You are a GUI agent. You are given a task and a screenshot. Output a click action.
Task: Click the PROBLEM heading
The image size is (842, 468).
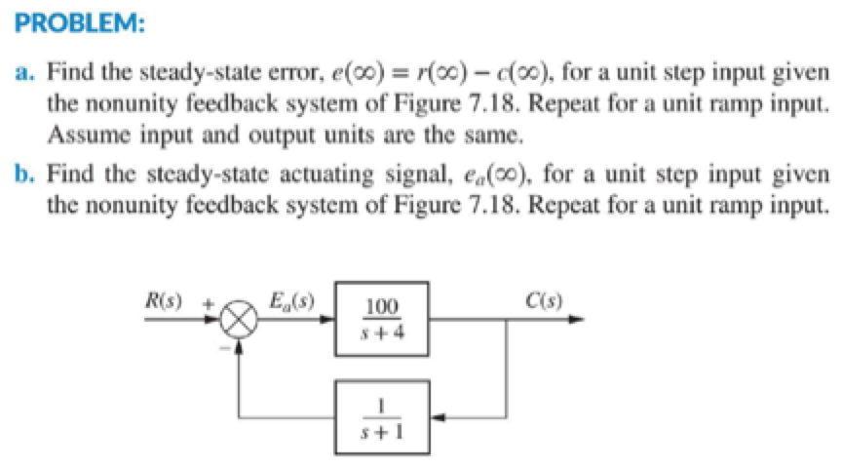click(x=74, y=20)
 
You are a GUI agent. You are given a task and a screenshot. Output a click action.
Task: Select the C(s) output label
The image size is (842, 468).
click(x=547, y=298)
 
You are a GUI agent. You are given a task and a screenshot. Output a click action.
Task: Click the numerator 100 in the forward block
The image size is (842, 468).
click(x=381, y=307)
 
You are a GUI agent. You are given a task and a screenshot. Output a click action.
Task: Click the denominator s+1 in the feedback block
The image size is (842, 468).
click(x=381, y=430)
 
